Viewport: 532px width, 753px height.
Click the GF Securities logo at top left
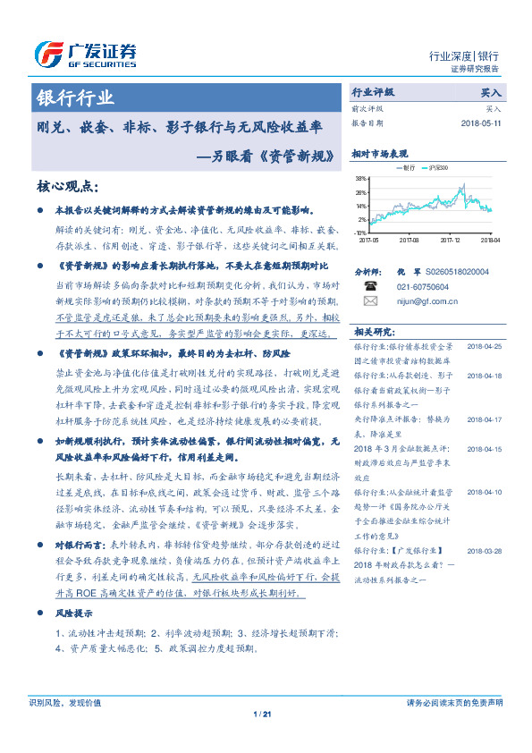click(85, 55)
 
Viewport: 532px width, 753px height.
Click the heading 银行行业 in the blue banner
click(75, 97)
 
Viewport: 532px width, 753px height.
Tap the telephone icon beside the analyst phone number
click(371, 286)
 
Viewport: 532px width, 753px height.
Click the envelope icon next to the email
click(371, 301)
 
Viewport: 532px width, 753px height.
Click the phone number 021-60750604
click(423, 286)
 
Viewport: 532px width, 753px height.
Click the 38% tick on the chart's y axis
click(360, 179)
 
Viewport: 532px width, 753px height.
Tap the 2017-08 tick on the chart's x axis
click(410, 240)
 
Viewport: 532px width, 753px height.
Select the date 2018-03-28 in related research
click(486, 551)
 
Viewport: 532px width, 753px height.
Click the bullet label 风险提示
click(76, 614)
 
